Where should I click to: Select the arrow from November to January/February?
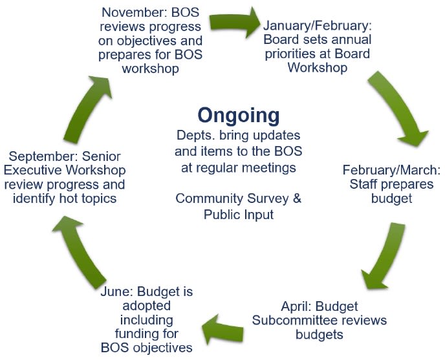click(x=234, y=22)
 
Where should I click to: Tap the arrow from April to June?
click(x=222, y=330)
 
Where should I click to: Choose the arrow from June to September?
click(x=78, y=251)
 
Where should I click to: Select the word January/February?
click(x=318, y=26)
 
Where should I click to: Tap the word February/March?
click(x=391, y=170)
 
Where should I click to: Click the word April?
click(x=296, y=306)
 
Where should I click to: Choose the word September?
click(x=43, y=157)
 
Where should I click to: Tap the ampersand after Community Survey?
click(x=297, y=198)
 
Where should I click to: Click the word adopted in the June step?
click(x=146, y=306)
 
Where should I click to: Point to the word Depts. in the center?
click(x=195, y=136)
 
